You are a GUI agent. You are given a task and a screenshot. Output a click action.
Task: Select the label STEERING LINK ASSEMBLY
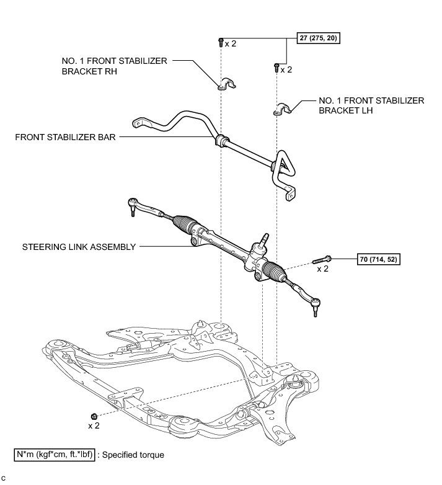[79, 246]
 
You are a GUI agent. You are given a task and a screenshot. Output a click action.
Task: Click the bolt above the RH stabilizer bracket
[221, 42]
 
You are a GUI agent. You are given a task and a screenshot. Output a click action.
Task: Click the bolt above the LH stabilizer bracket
[276, 67]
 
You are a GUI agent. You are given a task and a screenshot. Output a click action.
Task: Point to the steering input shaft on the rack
[265, 239]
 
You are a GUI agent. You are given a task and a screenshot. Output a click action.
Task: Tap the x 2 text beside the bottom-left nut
[94, 426]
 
